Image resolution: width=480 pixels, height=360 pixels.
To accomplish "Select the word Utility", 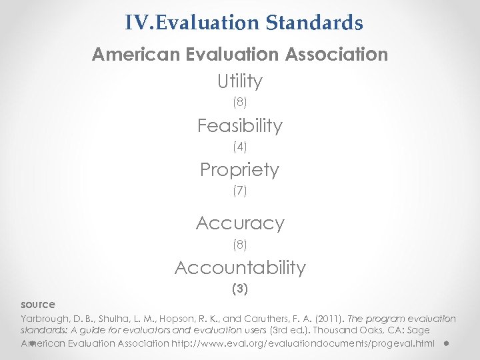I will [x=240, y=81].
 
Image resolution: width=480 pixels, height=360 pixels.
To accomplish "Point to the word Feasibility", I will [x=240, y=125].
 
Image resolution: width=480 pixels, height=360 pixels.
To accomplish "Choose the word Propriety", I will [x=240, y=170].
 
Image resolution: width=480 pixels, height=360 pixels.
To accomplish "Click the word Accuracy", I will [x=240, y=223].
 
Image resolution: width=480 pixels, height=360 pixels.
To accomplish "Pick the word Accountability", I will [x=240, y=268].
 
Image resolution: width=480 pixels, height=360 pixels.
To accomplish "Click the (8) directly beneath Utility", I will [x=240, y=103].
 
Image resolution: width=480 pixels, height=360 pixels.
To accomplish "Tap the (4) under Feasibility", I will [x=240, y=147].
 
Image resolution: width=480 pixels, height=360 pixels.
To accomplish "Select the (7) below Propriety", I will [x=240, y=191].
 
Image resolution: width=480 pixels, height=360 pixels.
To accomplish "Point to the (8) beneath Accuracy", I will [x=240, y=245].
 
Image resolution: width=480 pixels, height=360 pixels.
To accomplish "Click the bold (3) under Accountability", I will [x=240, y=289].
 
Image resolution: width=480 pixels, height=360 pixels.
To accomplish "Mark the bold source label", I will [x=38, y=305].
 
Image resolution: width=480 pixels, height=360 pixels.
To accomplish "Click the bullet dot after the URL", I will [x=445, y=344].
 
